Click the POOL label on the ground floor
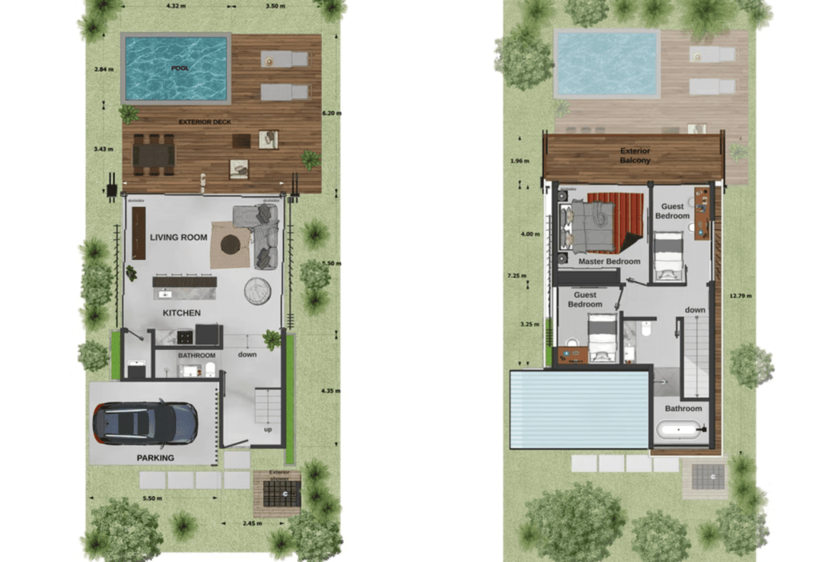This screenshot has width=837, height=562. point(177,68)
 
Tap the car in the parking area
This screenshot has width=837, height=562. point(145,423)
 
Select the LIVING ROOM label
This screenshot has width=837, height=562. point(178,237)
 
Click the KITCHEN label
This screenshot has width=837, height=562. point(181,313)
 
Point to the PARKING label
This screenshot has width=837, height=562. point(155,457)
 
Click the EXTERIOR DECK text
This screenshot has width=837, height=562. point(205,122)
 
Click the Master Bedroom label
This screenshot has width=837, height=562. point(609,261)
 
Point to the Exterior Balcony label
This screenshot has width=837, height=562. point(635,155)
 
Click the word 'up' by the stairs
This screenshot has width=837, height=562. point(268,430)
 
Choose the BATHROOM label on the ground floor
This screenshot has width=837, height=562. point(196,355)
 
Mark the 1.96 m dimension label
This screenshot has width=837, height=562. point(521,161)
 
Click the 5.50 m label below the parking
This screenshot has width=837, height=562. point(152,498)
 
